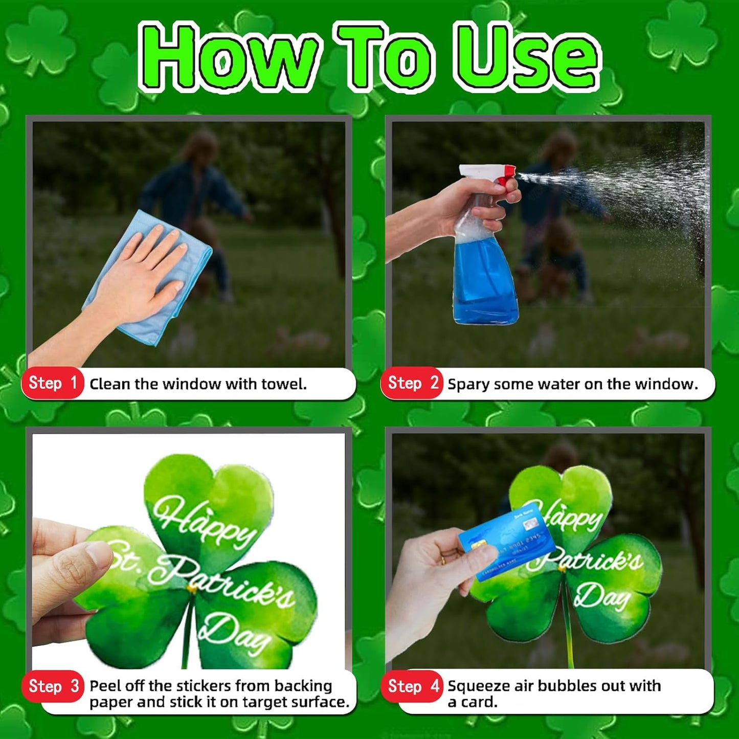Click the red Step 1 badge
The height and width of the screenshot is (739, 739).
[52, 383]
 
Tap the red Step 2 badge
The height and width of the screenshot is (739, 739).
[412, 383]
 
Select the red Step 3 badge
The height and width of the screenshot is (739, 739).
[52, 686]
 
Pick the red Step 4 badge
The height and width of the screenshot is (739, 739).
[412, 686]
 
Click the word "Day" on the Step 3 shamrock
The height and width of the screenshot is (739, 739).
[233, 634]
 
